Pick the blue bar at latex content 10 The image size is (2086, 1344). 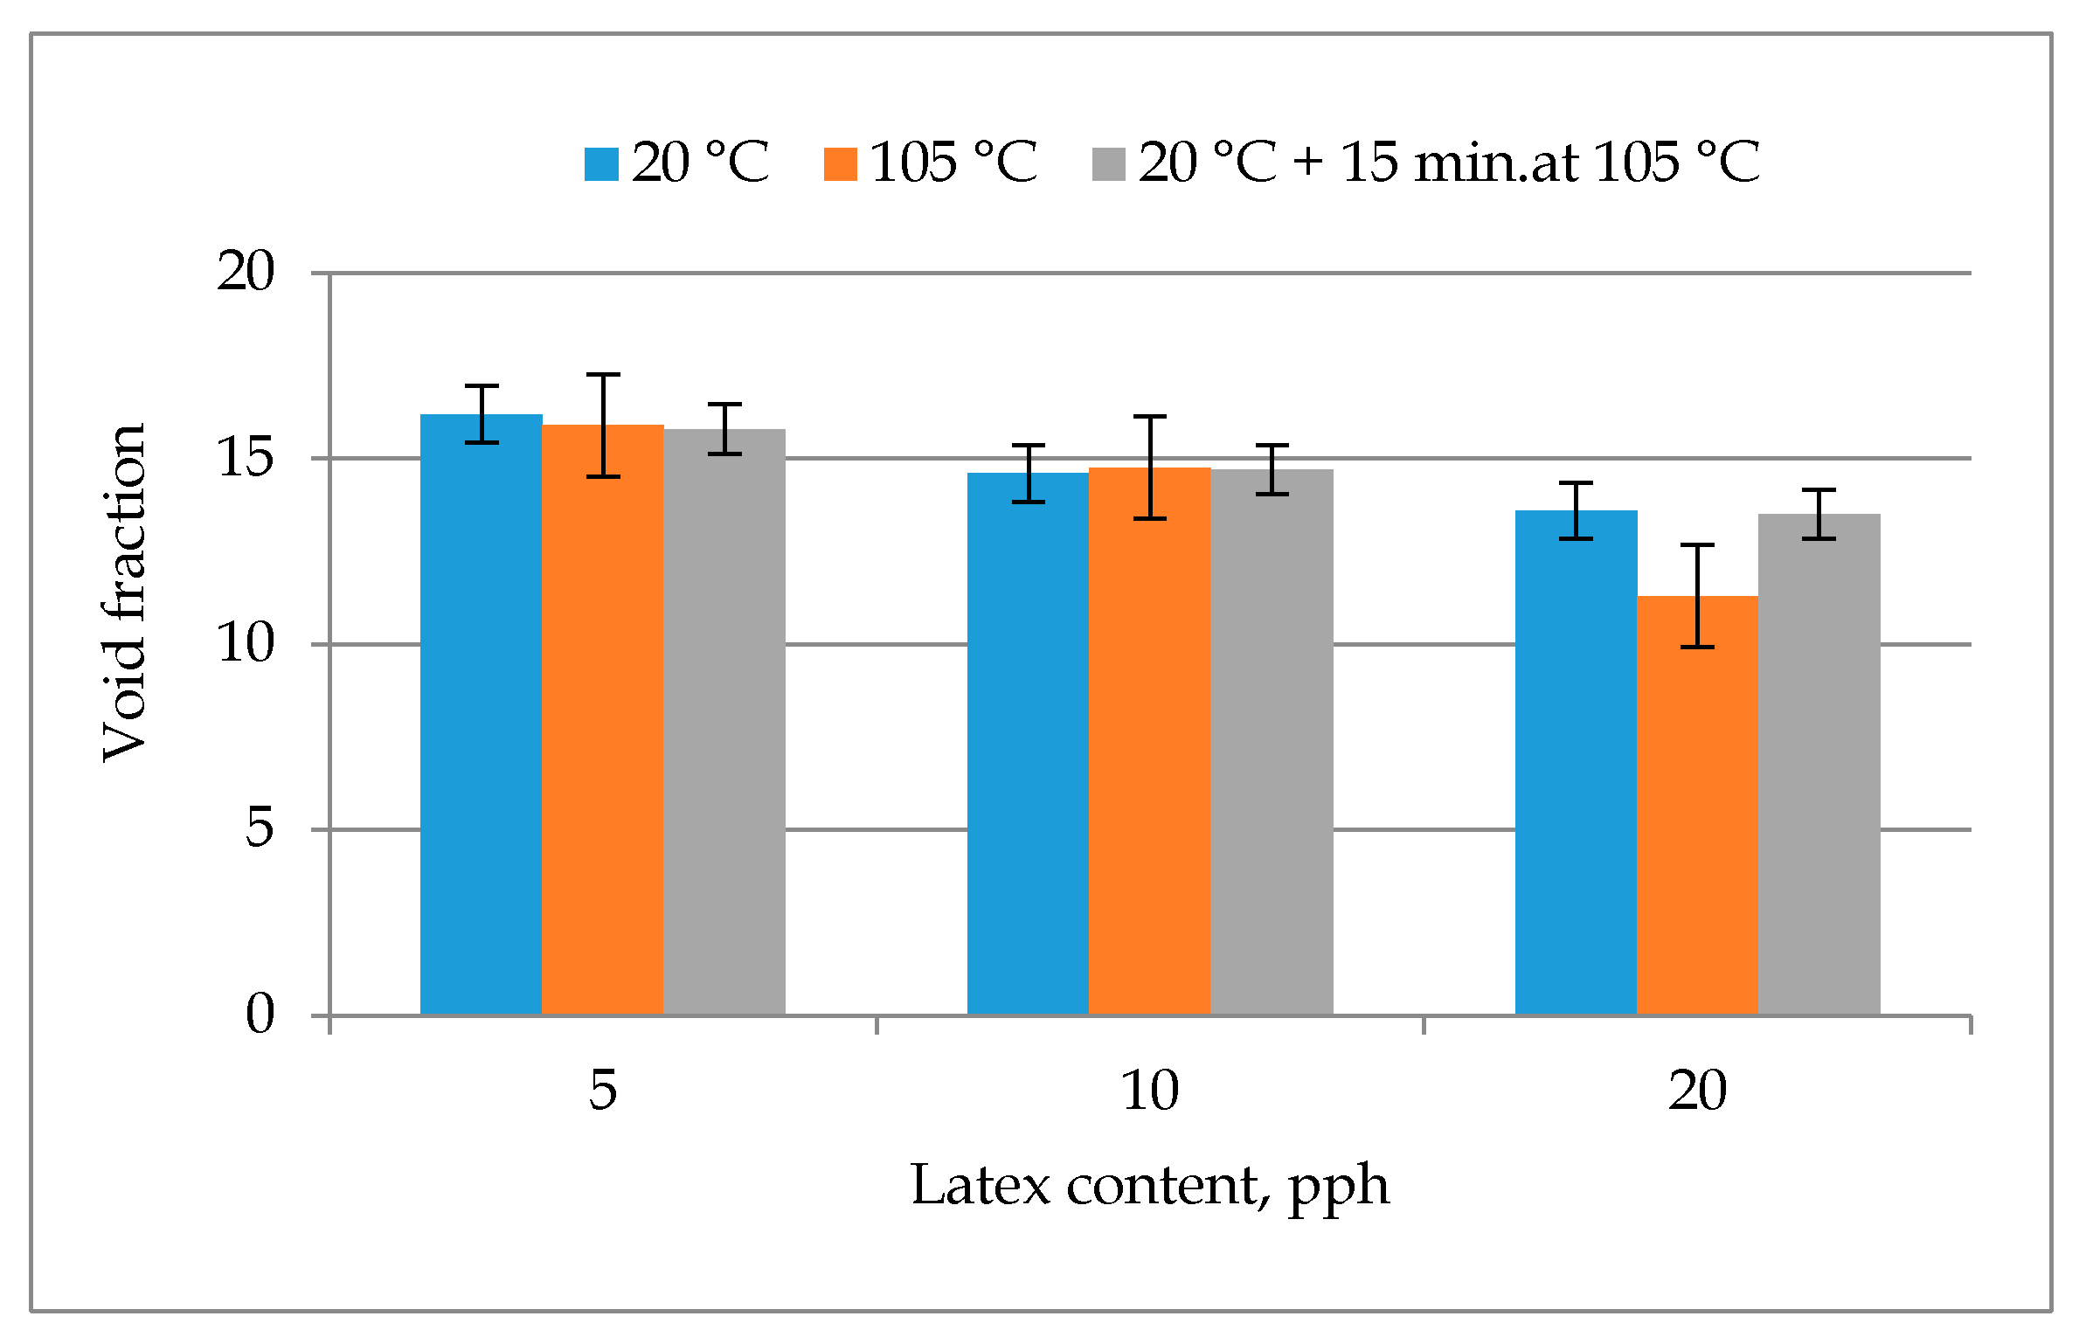point(1028,743)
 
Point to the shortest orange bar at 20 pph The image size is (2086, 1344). point(1697,805)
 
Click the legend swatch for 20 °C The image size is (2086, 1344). point(601,164)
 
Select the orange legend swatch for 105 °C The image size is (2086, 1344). point(840,164)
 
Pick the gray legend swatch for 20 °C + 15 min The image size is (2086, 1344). point(1108,164)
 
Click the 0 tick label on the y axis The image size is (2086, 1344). point(260,1014)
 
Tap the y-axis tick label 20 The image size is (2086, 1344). point(246,271)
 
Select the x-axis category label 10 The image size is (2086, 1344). point(1149,1091)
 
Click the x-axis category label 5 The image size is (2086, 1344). point(602,1091)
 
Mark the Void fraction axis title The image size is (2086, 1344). point(124,594)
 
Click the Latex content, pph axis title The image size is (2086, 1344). point(1149,1187)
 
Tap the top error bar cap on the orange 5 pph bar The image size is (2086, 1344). point(603,375)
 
